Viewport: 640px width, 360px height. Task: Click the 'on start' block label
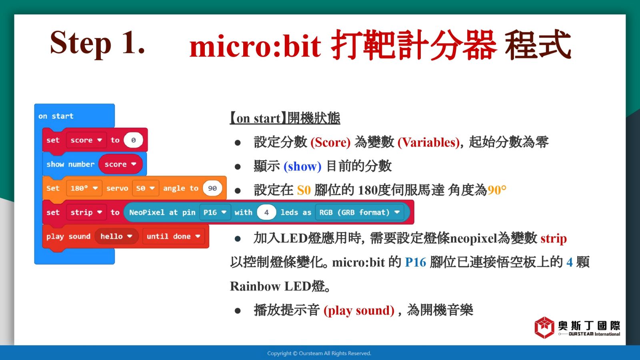(x=56, y=116)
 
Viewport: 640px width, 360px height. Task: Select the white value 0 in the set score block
(x=134, y=140)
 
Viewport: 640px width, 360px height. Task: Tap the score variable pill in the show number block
(x=120, y=164)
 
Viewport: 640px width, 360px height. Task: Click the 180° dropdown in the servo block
(x=84, y=188)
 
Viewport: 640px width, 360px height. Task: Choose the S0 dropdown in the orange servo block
(x=146, y=188)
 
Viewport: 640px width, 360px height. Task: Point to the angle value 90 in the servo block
(x=212, y=188)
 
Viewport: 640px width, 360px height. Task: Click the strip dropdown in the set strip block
(x=86, y=212)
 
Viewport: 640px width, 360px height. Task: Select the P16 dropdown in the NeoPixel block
(x=215, y=212)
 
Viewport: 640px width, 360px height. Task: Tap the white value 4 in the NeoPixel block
(x=266, y=212)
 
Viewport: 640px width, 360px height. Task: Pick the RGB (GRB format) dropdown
(x=360, y=212)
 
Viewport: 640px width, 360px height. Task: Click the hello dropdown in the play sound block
(x=116, y=236)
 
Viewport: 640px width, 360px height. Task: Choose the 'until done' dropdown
(x=174, y=236)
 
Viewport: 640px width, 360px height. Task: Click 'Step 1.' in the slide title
(x=98, y=43)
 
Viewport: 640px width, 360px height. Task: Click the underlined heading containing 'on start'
(x=285, y=118)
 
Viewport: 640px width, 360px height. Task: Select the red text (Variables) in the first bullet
(x=428, y=142)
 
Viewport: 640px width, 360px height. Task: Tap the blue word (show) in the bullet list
(x=302, y=166)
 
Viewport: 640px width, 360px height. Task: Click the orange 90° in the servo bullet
(x=497, y=190)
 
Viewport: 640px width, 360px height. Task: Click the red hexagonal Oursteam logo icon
(x=544, y=328)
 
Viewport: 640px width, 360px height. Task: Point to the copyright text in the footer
(x=319, y=354)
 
